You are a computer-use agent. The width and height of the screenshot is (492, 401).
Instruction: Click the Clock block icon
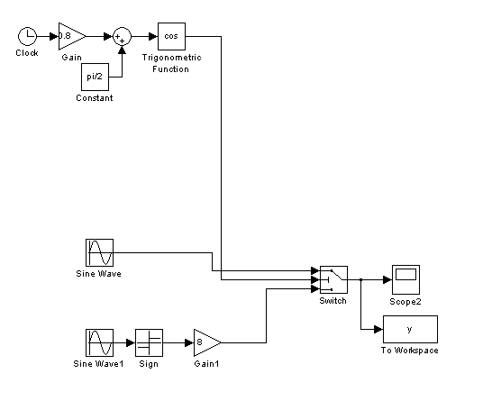click(28, 36)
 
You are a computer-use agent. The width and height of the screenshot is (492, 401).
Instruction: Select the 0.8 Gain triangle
click(72, 36)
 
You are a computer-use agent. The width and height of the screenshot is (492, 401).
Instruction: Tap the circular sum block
click(122, 36)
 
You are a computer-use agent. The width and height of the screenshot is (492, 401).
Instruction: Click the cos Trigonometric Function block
click(171, 36)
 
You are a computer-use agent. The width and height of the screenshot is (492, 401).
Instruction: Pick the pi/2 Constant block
click(96, 77)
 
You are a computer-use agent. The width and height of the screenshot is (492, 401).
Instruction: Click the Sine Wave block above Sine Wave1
click(99, 252)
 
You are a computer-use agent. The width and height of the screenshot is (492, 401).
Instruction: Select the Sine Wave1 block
click(99, 343)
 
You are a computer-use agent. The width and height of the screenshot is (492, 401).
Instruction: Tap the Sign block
click(149, 343)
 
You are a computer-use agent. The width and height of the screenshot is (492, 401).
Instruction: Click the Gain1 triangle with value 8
click(207, 343)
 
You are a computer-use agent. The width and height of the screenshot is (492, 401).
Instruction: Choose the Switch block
click(333, 279)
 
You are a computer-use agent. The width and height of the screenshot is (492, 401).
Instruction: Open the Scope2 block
click(406, 279)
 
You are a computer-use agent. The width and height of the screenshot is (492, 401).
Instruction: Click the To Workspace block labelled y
click(410, 329)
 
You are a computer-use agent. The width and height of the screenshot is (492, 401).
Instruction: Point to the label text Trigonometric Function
click(171, 63)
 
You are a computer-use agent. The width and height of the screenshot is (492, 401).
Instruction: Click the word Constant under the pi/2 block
click(95, 98)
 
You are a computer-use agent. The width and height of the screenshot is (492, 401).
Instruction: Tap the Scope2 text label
click(405, 302)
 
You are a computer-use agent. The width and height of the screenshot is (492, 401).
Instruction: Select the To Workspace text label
click(410, 351)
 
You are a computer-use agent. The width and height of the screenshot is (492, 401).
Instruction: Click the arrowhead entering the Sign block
click(131, 343)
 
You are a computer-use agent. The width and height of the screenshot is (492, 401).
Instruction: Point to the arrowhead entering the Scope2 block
click(387, 279)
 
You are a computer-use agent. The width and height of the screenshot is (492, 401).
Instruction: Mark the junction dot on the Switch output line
click(360, 279)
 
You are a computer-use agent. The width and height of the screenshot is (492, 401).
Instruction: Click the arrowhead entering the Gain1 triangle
click(189, 343)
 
